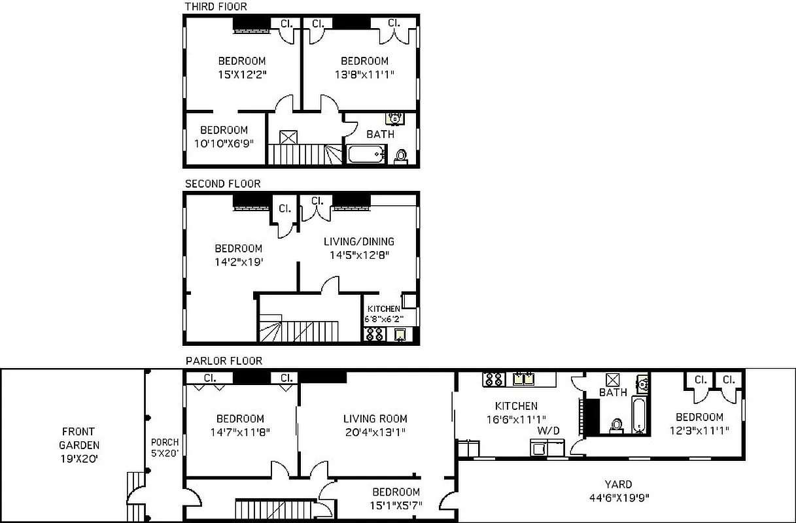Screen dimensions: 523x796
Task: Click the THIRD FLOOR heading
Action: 216,7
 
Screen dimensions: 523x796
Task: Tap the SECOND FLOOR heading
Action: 222,184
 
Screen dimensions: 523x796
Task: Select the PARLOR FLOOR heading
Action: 224,361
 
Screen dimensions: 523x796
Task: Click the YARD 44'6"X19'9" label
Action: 617,491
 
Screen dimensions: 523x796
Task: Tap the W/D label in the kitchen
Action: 547,431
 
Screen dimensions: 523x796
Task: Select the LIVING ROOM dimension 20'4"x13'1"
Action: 375,432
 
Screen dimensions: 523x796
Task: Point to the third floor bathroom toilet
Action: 401,156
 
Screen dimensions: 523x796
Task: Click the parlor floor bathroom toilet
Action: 615,426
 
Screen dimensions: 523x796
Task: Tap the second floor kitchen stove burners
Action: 375,335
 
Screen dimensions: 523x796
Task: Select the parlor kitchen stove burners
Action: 494,379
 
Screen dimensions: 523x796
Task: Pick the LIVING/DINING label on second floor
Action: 359,241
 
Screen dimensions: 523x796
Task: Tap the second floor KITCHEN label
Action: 383,309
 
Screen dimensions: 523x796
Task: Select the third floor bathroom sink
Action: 394,118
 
